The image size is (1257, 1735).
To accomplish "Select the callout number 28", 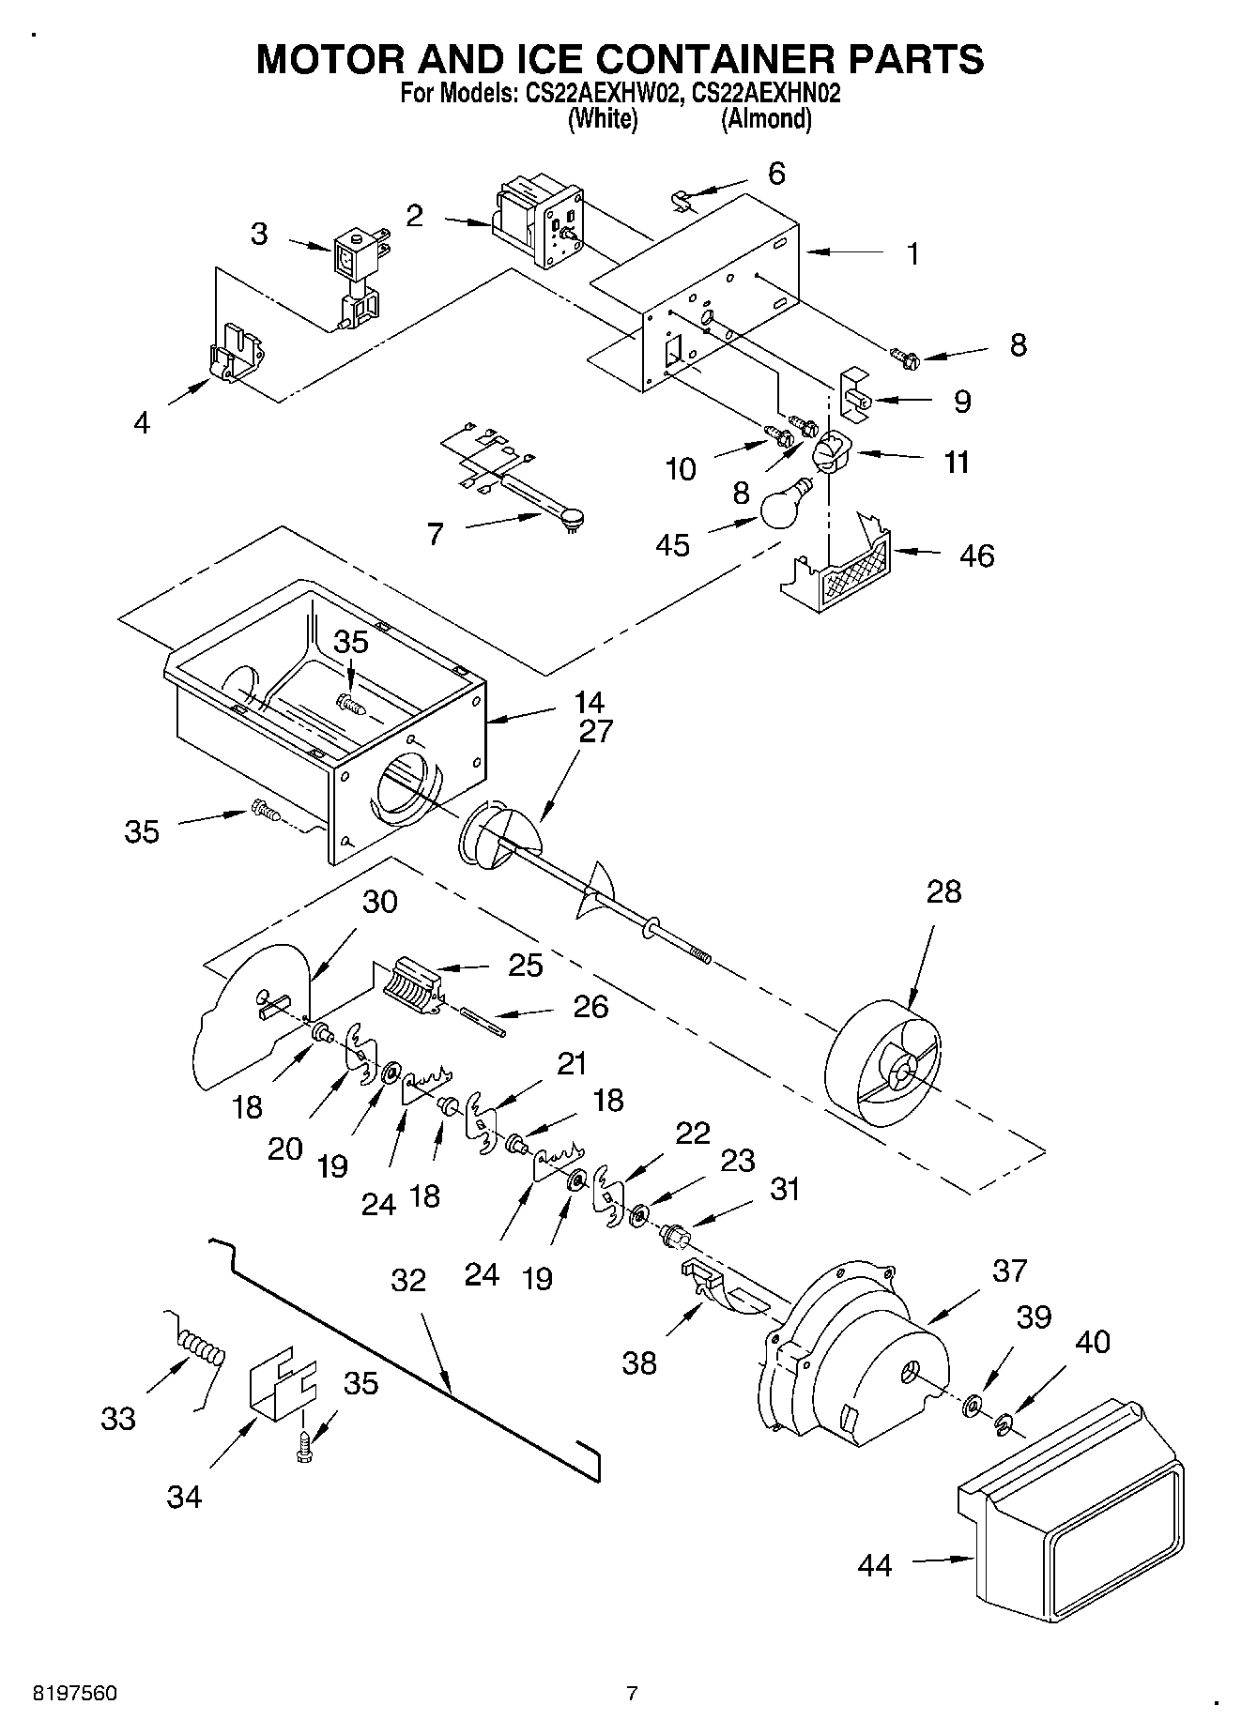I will pos(943,891).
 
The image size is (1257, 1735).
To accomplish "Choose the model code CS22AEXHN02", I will pos(765,94).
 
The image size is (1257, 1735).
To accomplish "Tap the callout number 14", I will pos(590,701).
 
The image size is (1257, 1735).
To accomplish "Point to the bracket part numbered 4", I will pos(235,356).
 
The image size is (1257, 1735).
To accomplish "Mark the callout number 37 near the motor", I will pos(1010,1271).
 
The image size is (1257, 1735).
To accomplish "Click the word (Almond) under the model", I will pos(766,119).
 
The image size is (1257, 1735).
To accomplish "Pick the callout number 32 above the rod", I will pos(408,1280).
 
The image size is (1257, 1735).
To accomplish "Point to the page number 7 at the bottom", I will pos(632,1694).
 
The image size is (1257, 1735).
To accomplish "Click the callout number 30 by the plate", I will pos(380,902).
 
